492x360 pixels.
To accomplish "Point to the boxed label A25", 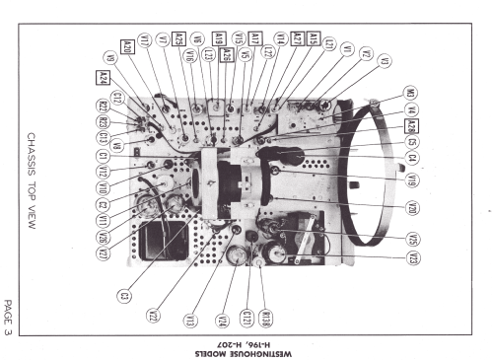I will pyautogui.click(x=178, y=38).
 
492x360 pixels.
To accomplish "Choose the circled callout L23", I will pyautogui.click(x=208, y=55).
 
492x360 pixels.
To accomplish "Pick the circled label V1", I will pyautogui.click(x=347, y=48).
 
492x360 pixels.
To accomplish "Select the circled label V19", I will pyautogui.click(x=412, y=180).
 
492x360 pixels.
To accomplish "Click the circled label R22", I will pyautogui.click(x=103, y=107).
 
